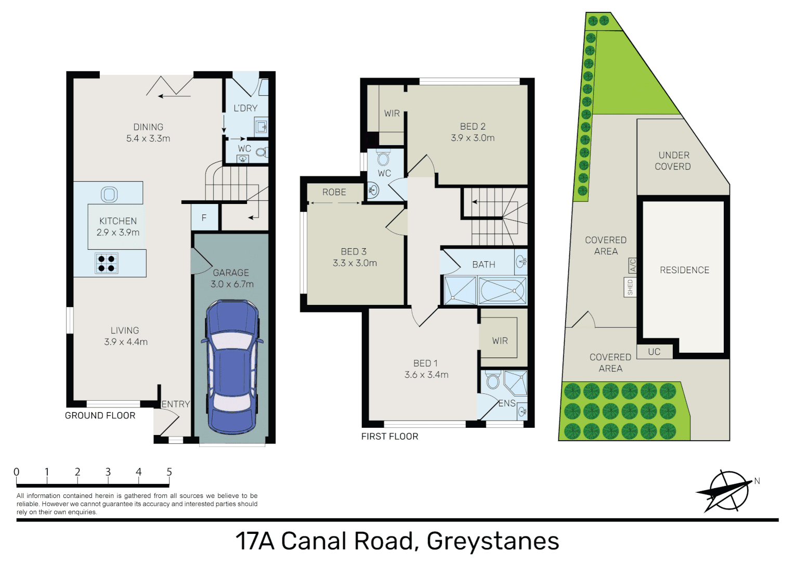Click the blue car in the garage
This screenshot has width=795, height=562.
232,367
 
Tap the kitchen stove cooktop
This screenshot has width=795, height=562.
107,263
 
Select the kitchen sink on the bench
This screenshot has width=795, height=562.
109,195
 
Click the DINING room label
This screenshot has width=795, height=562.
148,127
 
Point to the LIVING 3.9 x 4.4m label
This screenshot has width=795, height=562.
125,336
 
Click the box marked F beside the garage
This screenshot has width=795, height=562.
204,218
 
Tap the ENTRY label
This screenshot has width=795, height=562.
176,404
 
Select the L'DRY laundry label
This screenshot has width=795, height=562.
245,108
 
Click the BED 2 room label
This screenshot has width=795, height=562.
473,127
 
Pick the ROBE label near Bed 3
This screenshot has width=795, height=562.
334,193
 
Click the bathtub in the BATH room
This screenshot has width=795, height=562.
502,290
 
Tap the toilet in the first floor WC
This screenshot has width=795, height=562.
384,158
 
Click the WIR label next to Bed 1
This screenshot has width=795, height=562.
500,341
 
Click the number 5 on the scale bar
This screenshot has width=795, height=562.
169,472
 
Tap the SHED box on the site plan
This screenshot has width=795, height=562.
630,287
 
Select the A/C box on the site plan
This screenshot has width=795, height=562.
633,265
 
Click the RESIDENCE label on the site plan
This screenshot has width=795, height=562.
684,270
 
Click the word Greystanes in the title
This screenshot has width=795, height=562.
492,541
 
